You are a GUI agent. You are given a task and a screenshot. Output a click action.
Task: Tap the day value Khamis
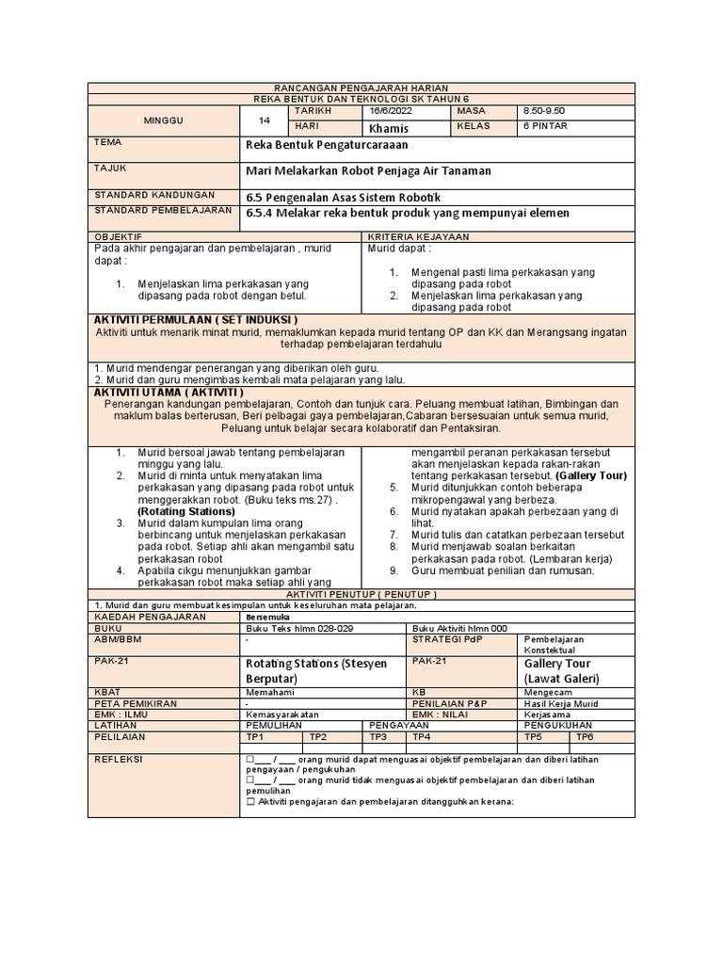pyautogui.click(x=390, y=127)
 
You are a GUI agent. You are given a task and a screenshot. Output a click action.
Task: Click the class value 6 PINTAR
pyautogui.click(x=545, y=126)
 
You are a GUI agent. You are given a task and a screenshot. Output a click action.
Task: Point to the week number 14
pyautogui.click(x=265, y=120)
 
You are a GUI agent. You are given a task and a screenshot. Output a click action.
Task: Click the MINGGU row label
pyautogui.click(x=163, y=120)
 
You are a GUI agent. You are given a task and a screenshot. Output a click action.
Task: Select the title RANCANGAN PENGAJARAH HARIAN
pyautogui.click(x=361, y=88)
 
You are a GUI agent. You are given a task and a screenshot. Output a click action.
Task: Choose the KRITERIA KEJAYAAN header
pyautogui.click(x=418, y=236)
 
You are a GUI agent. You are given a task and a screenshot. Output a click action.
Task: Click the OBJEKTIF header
pyautogui.click(x=118, y=236)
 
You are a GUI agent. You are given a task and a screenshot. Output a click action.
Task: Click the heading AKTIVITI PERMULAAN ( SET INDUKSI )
pyautogui.click(x=195, y=320)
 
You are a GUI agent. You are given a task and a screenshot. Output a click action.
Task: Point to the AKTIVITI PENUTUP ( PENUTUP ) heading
pyautogui.click(x=361, y=595)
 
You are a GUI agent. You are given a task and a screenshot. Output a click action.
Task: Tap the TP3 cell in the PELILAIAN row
pyautogui.click(x=379, y=737)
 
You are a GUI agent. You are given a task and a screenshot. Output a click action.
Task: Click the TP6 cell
pyautogui.click(x=585, y=737)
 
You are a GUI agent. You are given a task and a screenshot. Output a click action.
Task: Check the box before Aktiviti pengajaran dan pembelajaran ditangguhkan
pyautogui.click(x=249, y=802)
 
